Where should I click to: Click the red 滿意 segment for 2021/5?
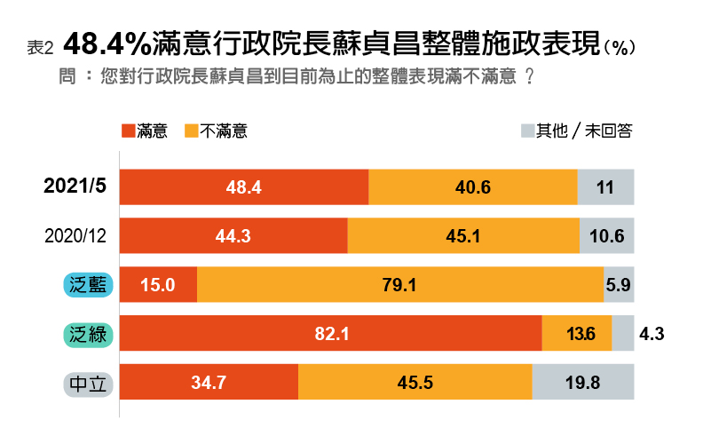coord(244,187)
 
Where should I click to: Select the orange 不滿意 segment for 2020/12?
coord(462,236)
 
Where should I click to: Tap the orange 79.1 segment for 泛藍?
coord(399,285)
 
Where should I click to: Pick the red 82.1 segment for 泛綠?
coord(330,334)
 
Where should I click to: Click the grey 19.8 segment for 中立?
coord(583,383)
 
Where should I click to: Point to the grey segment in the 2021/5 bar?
coord(606,187)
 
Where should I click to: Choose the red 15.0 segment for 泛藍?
coord(158,285)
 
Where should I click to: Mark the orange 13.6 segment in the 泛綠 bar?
coord(577,334)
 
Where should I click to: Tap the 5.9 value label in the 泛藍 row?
coord(619,285)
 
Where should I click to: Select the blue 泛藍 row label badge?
coord(87,285)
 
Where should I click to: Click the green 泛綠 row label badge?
coord(87,334)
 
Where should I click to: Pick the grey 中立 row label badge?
coord(87,384)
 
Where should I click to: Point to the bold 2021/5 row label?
coord(75,186)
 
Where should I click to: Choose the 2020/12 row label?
coord(75,236)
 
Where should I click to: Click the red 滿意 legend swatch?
coord(128,131)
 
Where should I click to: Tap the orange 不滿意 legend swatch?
coord(191,131)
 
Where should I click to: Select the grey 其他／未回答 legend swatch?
coord(527,131)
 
